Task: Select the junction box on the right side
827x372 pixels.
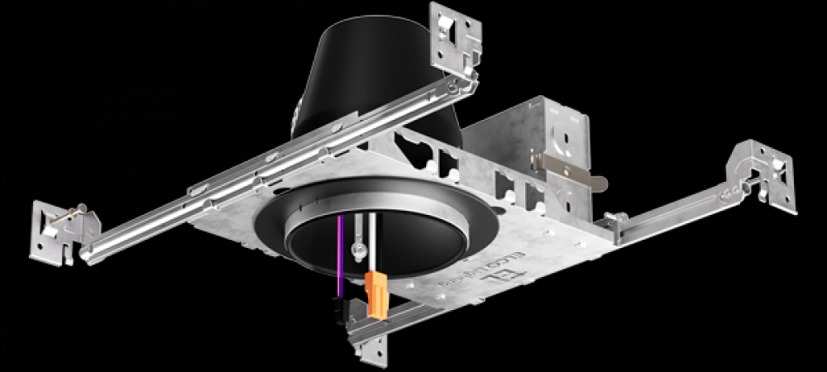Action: [x=529, y=157]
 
